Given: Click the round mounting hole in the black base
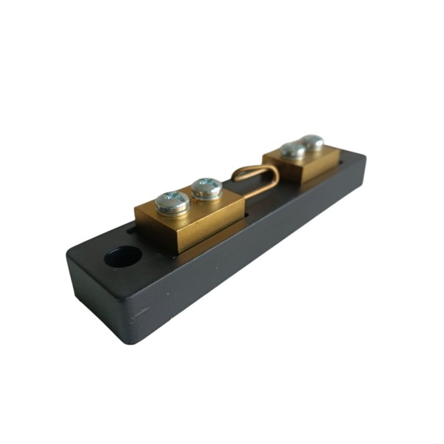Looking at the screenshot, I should click(123, 257).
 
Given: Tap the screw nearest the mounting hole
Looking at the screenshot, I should click(172, 202).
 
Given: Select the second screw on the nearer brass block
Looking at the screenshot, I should click(207, 188).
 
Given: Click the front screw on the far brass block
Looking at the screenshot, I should click(294, 150).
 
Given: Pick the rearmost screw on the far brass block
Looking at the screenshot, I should click(312, 142).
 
